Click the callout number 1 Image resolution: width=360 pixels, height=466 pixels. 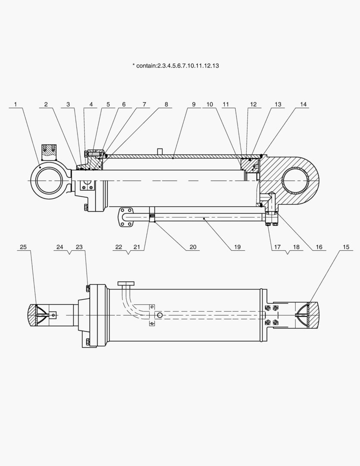(x=15, y=104)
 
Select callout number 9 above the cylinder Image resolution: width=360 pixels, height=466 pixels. (x=194, y=104)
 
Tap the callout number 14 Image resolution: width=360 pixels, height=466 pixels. (x=304, y=104)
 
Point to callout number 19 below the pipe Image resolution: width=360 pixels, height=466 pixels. (x=237, y=247)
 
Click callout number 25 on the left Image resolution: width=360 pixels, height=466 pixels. (x=23, y=247)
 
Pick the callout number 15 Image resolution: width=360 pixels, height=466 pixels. (x=346, y=247)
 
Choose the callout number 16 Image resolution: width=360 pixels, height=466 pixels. (x=319, y=247)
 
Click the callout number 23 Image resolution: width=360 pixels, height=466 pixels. (x=79, y=247)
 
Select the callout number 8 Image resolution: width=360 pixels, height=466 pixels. (x=166, y=104)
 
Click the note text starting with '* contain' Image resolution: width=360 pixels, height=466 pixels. (x=176, y=66)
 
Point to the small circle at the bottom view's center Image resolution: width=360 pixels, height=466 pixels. (x=160, y=315)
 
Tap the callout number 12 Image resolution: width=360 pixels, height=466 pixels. (x=253, y=104)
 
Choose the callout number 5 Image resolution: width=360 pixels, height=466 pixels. (x=108, y=104)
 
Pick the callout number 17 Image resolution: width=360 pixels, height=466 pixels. (x=277, y=247)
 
